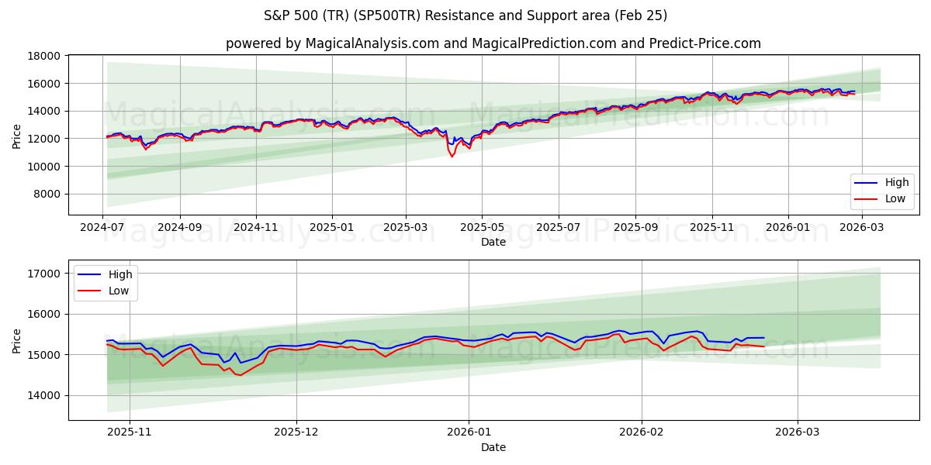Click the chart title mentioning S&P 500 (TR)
coord(465,15)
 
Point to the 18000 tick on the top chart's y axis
coord(45,56)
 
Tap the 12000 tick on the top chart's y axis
coord(45,139)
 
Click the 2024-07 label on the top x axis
coord(103,229)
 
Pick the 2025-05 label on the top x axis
coord(482,229)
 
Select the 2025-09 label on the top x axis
coord(635,229)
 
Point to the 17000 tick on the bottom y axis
coord(45,274)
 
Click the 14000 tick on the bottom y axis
coord(45,395)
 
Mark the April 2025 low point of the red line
coord(452,157)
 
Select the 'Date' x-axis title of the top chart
coord(493,242)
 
